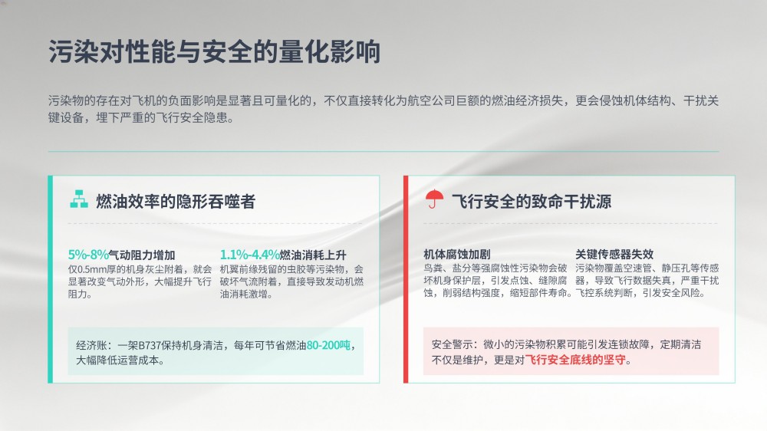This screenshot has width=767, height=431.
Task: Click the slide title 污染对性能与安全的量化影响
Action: click(214, 52)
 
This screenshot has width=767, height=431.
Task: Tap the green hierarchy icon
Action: click(79, 199)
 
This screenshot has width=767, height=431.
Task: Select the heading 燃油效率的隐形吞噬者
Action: click(176, 201)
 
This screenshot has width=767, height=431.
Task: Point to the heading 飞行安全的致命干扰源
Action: click(532, 201)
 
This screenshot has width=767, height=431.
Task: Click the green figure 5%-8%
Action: click(88, 255)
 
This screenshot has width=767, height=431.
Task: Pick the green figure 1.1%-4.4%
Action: click(249, 255)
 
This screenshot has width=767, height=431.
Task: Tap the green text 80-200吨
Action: click(329, 345)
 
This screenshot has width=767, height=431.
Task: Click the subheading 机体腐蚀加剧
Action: click(457, 255)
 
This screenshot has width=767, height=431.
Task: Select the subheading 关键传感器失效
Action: click(614, 255)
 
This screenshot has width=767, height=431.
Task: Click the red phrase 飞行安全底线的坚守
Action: click(575, 360)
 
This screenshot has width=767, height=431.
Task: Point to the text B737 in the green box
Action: click(150, 345)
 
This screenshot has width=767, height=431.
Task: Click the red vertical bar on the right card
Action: click(406, 279)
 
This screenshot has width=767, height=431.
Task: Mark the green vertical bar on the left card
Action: click(50, 279)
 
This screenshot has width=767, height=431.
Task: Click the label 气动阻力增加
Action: click(142, 255)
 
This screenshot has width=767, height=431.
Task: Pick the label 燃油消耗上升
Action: click(313, 255)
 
